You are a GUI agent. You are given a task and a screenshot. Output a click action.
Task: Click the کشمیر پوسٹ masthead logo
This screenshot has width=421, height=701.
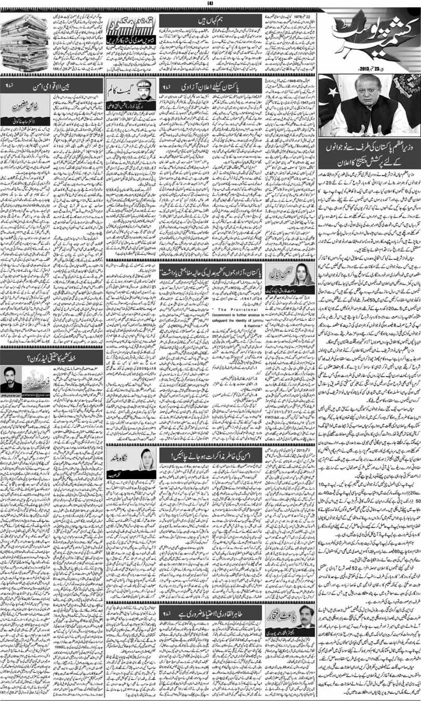(x=371, y=39)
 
